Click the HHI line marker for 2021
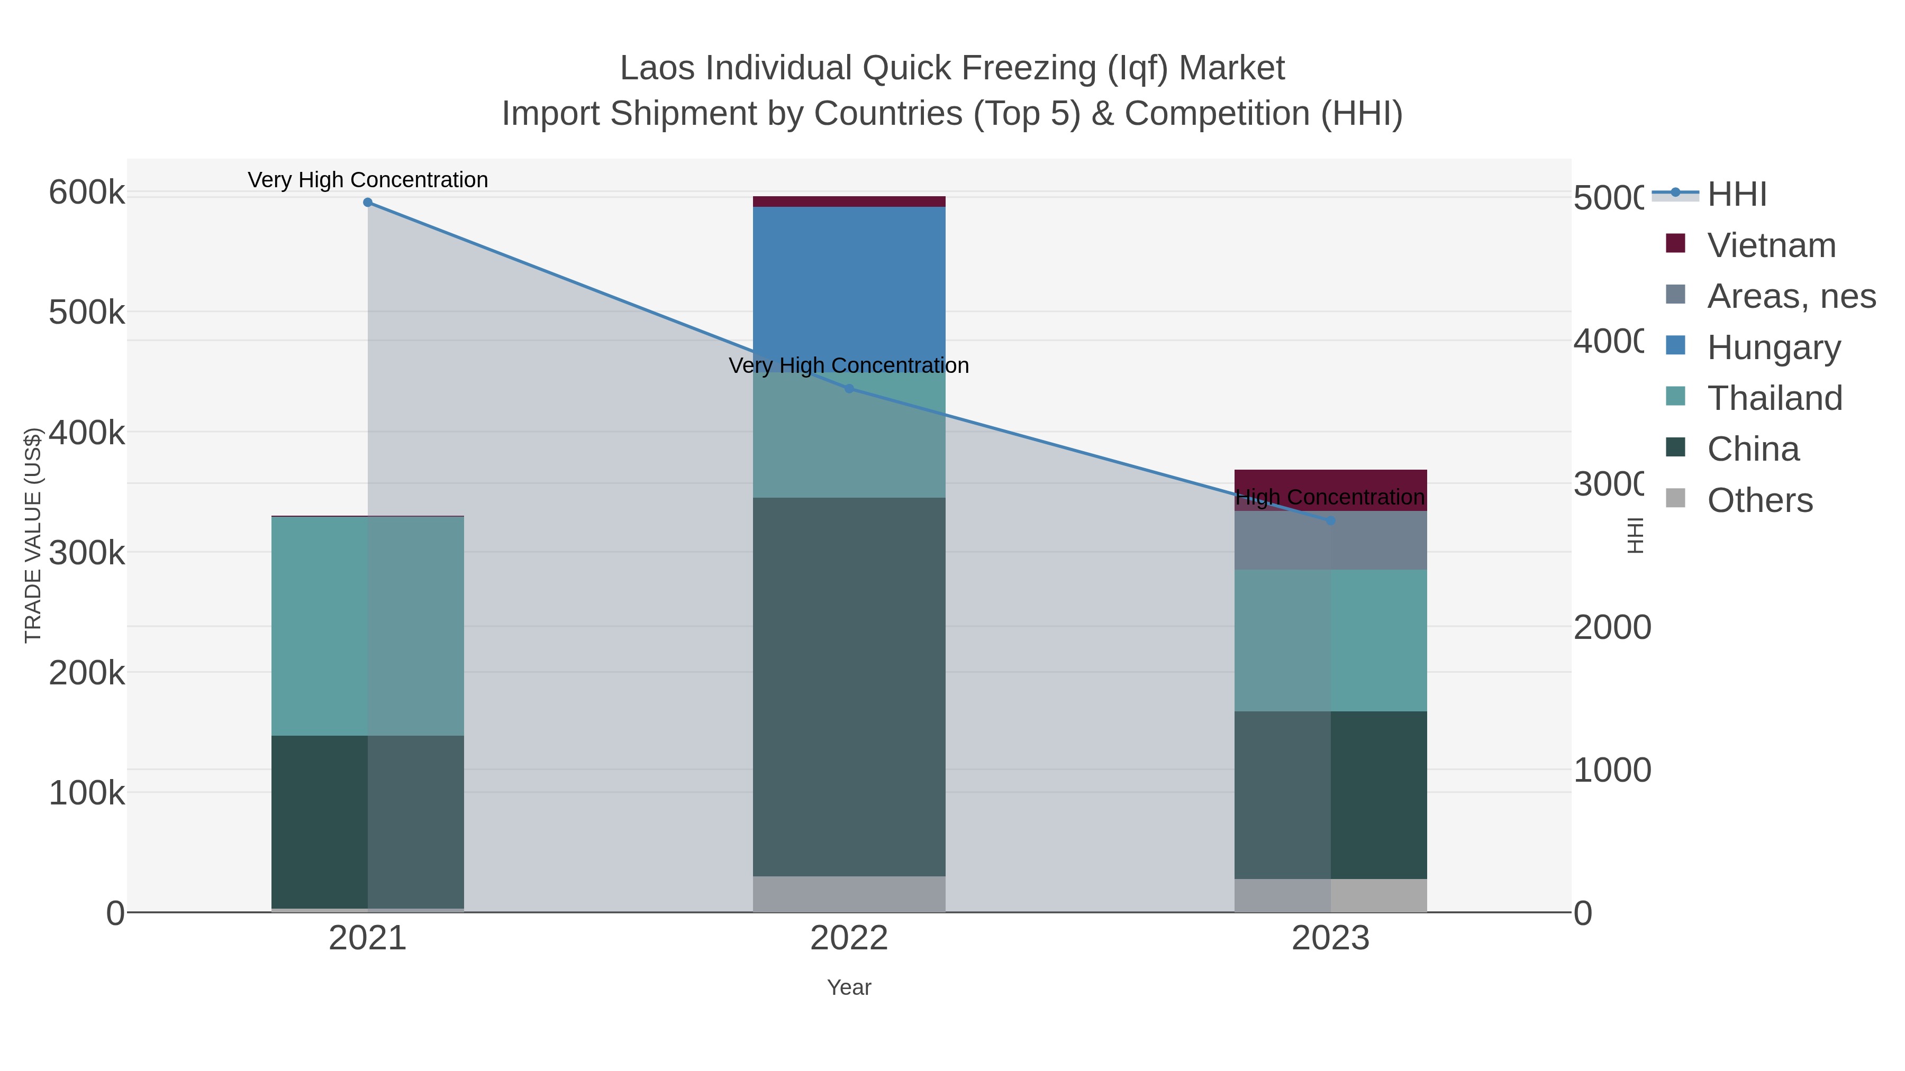(368, 203)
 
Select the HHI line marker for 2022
(849, 389)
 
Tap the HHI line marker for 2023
(1330, 521)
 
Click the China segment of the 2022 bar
(849, 688)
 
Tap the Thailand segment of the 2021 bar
(368, 626)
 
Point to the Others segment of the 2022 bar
(849, 894)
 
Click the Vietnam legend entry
(1771, 245)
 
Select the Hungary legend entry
(1773, 347)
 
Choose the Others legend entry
(1760, 500)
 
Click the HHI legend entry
(1736, 195)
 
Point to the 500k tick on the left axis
(87, 313)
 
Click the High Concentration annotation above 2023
(1330, 498)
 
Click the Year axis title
(849, 987)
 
